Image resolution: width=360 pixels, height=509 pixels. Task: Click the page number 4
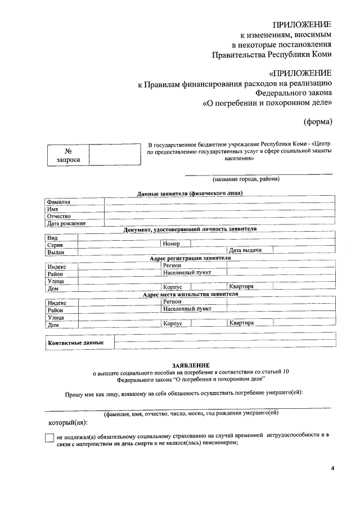332,469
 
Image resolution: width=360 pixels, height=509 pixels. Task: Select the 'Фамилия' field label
58,202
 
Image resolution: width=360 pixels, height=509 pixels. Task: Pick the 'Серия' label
55,245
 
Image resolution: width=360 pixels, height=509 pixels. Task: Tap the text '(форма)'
318,121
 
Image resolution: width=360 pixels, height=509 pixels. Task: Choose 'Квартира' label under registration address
241,286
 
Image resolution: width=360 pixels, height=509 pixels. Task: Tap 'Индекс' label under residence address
57,303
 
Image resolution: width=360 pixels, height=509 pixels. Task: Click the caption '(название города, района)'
246,179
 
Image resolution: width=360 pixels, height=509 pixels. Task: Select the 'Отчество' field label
59,216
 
